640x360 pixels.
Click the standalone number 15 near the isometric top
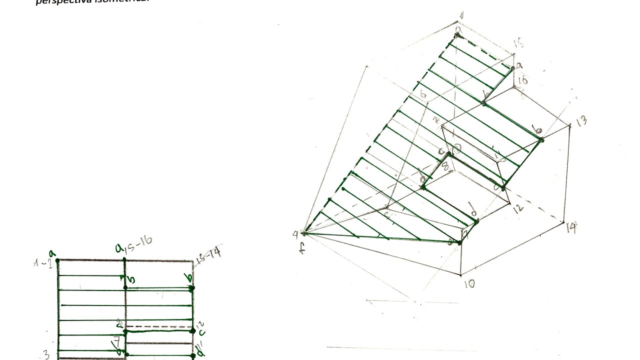click(x=518, y=44)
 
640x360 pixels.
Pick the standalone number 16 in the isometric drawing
click(x=523, y=81)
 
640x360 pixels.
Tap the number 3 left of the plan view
click(x=46, y=355)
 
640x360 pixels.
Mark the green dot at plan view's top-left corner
click(x=58, y=260)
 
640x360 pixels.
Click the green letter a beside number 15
click(x=519, y=65)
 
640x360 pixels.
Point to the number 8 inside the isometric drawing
click(x=444, y=165)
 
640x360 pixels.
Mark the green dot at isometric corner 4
click(x=305, y=232)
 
